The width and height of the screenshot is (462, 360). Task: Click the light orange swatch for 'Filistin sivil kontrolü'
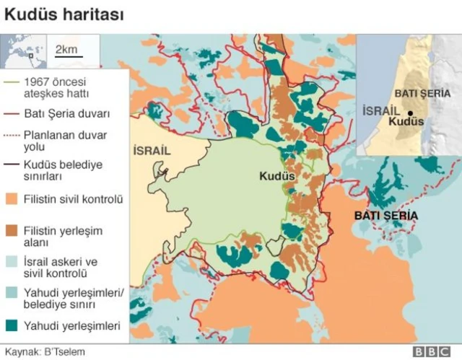(x=11, y=198)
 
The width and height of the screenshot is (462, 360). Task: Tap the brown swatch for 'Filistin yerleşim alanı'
(x=11, y=231)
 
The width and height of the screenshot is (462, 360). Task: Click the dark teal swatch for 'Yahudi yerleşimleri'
(x=11, y=326)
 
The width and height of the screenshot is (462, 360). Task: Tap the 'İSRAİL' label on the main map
(x=152, y=150)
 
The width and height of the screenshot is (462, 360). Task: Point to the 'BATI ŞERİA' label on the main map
(x=385, y=216)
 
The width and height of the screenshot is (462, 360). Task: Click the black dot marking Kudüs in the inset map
(x=409, y=113)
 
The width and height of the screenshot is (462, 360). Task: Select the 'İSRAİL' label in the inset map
(x=379, y=112)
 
